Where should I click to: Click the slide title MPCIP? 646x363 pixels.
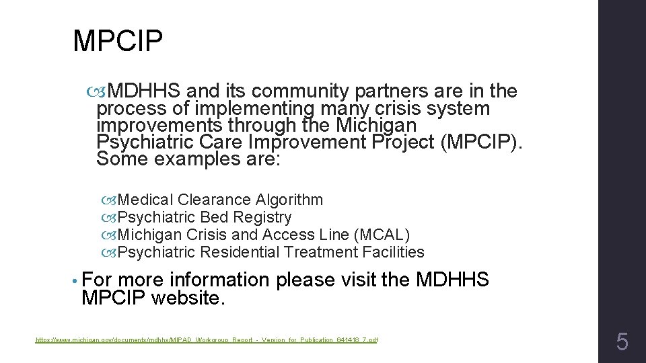(x=118, y=42)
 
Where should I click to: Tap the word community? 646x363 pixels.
(x=290, y=91)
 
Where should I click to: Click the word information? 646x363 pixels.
(x=219, y=279)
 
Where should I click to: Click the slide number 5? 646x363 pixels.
(x=622, y=343)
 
